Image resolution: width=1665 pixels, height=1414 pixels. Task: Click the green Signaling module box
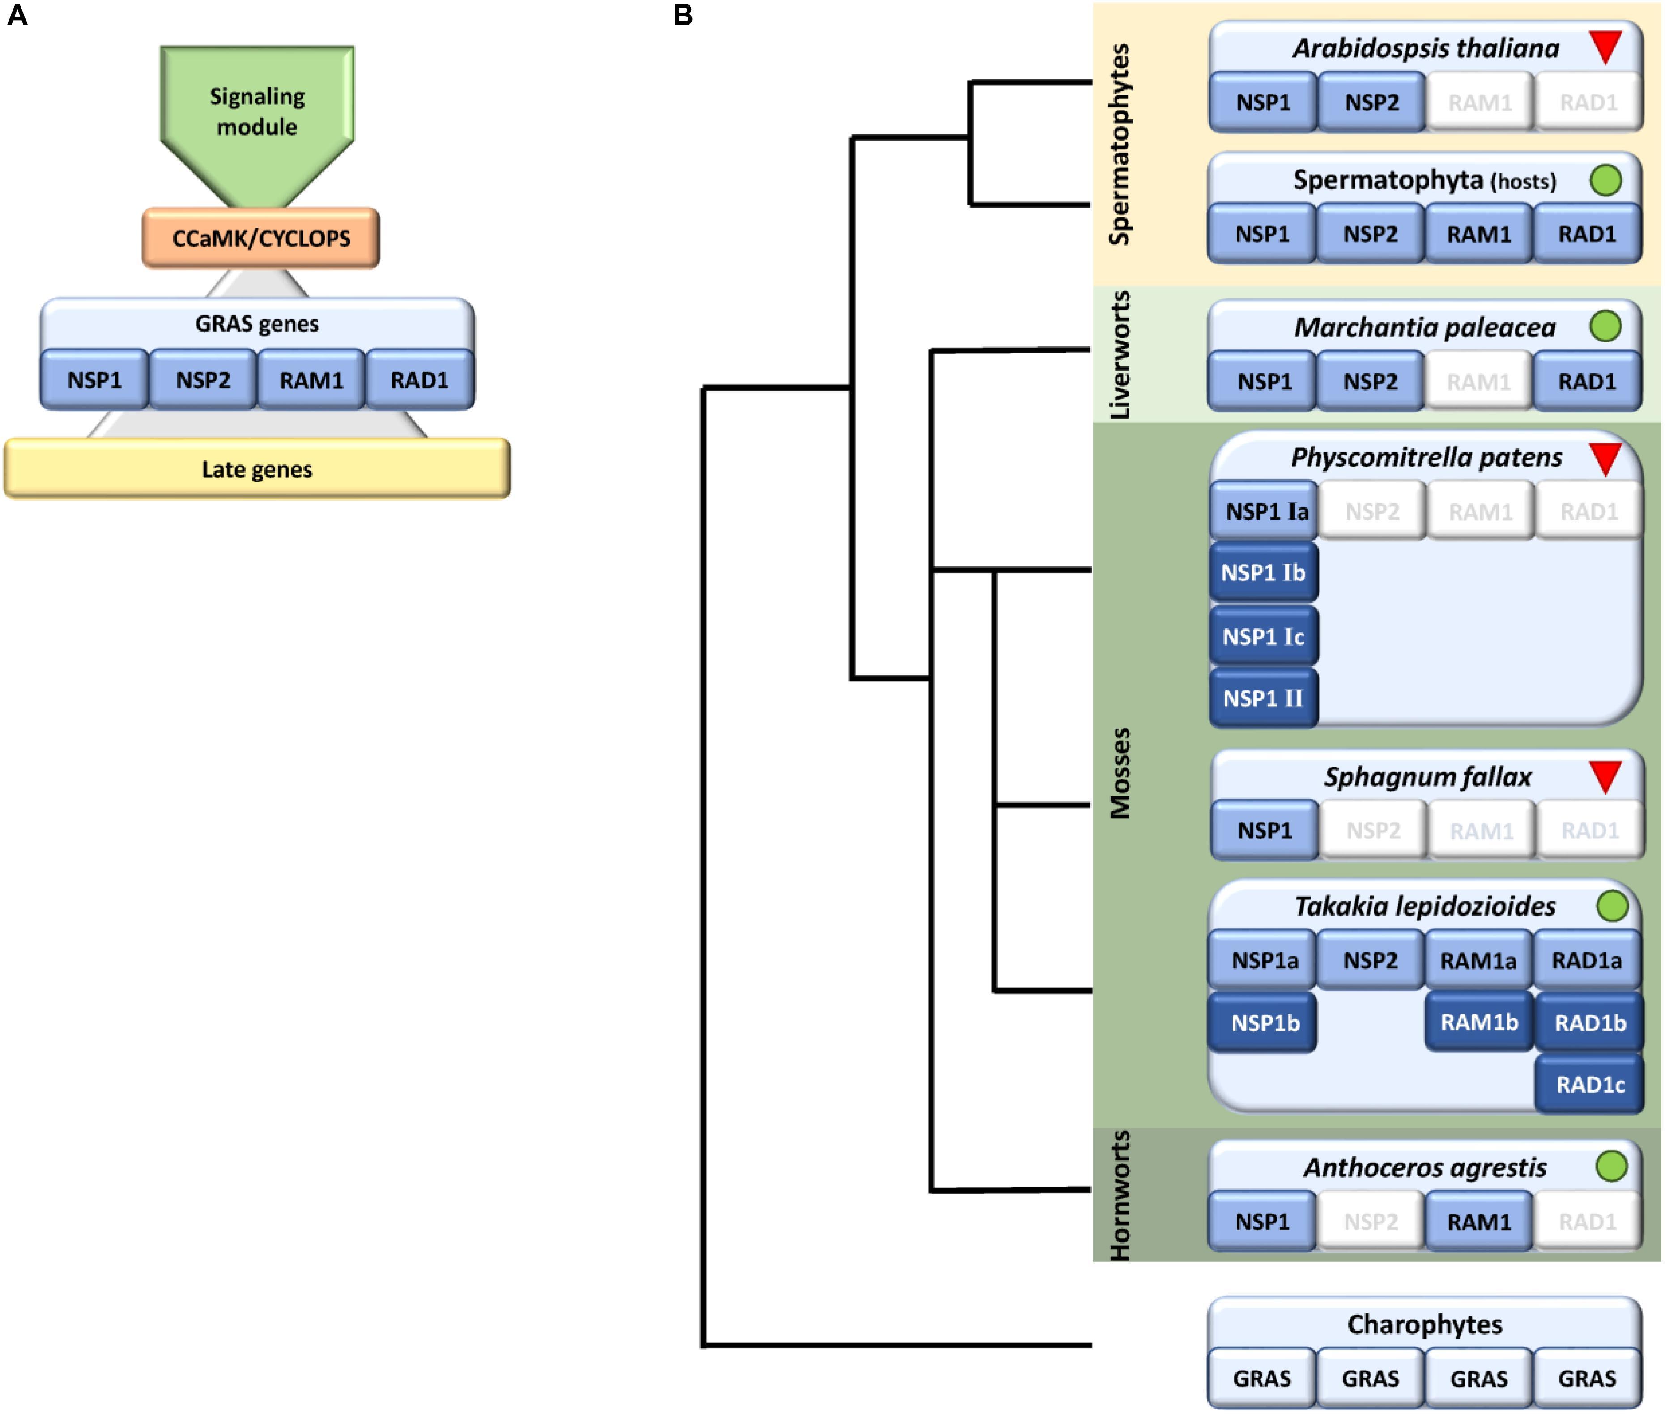coord(256,112)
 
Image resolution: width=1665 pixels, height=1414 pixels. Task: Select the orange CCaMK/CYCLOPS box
coord(260,238)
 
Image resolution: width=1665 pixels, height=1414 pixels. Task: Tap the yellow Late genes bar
coord(256,469)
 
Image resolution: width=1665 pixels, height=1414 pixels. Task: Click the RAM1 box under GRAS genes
coord(311,380)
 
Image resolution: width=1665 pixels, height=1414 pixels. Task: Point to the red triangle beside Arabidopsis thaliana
coord(1605,47)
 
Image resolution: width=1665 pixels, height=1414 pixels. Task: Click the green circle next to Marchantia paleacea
coord(1605,326)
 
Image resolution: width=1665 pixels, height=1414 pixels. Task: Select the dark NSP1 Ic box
coord(1263,636)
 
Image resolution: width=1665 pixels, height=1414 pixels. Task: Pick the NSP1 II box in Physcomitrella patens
coord(1263,698)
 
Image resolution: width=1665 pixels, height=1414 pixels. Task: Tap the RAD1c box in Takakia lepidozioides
coord(1590,1085)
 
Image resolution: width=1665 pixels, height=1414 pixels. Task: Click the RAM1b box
coord(1478,1022)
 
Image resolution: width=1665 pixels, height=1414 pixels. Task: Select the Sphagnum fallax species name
coord(1427,777)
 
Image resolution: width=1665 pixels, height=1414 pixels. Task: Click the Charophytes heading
coord(1425,1324)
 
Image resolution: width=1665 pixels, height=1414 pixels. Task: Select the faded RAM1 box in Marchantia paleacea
coord(1478,382)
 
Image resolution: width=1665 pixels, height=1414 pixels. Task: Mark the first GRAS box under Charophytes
coord(1262,1379)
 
